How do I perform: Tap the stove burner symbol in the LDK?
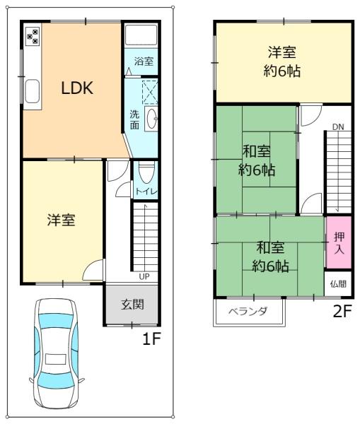pyautogui.click(x=33, y=36)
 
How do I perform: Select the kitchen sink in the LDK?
pyautogui.click(x=32, y=90)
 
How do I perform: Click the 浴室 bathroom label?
pyautogui.click(x=144, y=61)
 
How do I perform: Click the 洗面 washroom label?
pyautogui.click(x=134, y=119)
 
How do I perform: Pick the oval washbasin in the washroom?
pyautogui.click(x=151, y=121)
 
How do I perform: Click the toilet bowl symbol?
pyautogui.click(x=146, y=172)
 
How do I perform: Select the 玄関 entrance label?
pyautogui.click(x=132, y=305)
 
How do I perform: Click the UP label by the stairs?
pyautogui.click(x=144, y=276)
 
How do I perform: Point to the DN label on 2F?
pyautogui.click(x=338, y=127)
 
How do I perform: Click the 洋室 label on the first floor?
pyautogui.click(x=62, y=220)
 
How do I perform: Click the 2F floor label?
pyautogui.click(x=342, y=311)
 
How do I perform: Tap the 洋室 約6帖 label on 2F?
pyautogui.click(x=282, y=61)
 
